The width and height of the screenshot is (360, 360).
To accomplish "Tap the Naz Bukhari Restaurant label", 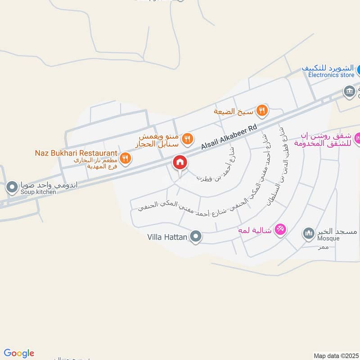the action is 76,153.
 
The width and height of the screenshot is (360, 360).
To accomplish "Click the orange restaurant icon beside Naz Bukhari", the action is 126,158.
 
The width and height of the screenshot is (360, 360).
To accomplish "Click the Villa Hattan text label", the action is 167,236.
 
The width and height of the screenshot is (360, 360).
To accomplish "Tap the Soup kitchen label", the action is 38,192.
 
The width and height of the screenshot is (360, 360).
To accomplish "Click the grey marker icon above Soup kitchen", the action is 12,185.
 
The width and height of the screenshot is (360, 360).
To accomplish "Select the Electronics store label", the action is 331,75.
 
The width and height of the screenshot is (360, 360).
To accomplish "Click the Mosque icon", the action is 308,233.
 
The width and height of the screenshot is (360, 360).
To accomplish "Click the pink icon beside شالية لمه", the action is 280,229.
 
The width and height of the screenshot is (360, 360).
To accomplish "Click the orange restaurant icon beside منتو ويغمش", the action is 188,139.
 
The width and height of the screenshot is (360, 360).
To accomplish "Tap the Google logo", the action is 19,353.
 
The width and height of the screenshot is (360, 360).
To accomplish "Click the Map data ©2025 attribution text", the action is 335,355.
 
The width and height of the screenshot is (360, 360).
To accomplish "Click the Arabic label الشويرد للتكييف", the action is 328,68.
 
